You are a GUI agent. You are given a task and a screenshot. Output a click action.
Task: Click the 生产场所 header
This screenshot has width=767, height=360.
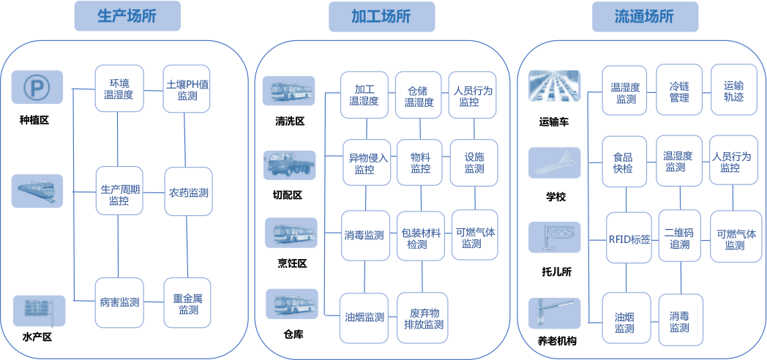coord(127,16)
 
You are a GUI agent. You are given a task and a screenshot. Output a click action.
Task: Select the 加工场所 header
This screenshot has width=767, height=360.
coord(381,17)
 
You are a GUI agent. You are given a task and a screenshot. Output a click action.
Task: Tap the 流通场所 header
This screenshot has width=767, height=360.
coord(645,17)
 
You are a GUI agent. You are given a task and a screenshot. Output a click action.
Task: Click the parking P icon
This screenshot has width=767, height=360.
coord(37,89)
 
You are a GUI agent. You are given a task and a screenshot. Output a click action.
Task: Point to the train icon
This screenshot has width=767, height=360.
coord(37,191)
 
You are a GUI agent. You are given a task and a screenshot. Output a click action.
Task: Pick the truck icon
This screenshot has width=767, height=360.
coord(289,165)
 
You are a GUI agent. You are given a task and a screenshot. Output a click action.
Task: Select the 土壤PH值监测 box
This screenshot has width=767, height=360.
coord(187,89)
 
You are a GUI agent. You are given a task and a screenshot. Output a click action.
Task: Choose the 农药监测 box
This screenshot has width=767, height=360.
coord(188,192)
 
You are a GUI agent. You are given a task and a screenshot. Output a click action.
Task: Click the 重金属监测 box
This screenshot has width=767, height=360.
coord(188,303)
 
